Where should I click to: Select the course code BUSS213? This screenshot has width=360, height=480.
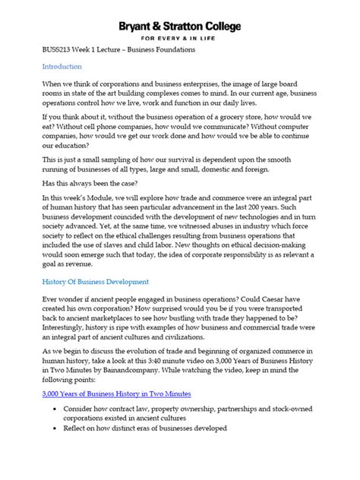tap(57, 50)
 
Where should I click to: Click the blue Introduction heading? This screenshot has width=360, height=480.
tap(62, 67)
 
